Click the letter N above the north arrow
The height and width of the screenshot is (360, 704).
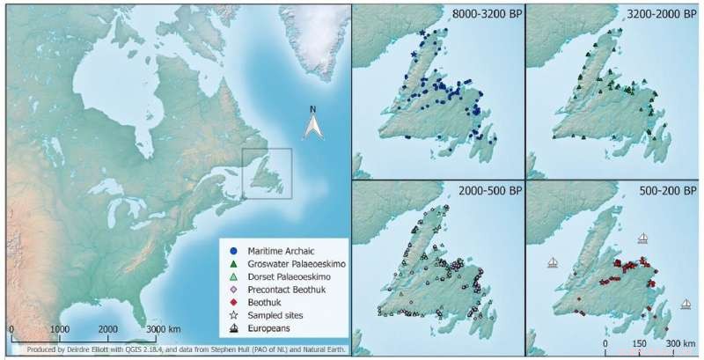pos(312,110)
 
